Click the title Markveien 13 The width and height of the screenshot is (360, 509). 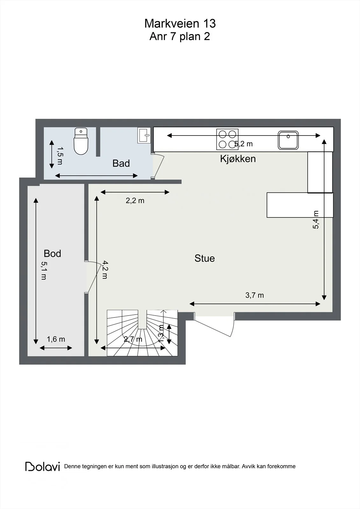point(180,24)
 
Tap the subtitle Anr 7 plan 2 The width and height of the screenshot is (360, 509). point(180,37)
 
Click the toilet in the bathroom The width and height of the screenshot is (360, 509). point(81,141)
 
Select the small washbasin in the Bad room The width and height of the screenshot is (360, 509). point(144,135)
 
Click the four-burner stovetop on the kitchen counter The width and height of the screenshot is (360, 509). point(227,139)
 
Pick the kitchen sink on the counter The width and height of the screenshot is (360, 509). point(288,140)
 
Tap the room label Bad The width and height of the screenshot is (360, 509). point(121,164)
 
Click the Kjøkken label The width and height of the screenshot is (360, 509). point(238,159)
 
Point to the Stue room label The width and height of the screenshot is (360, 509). point(204,258)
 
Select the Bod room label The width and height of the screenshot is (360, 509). point(52,254)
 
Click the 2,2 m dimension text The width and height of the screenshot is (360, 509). point(135,201)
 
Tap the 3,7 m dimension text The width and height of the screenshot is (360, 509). point(254,295)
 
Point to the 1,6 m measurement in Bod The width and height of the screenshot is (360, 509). point(56,339)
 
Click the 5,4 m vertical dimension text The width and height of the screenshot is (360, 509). point(316,220)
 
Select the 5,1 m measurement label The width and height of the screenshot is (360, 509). point(44,271)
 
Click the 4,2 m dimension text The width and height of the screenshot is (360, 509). point(105,270)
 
